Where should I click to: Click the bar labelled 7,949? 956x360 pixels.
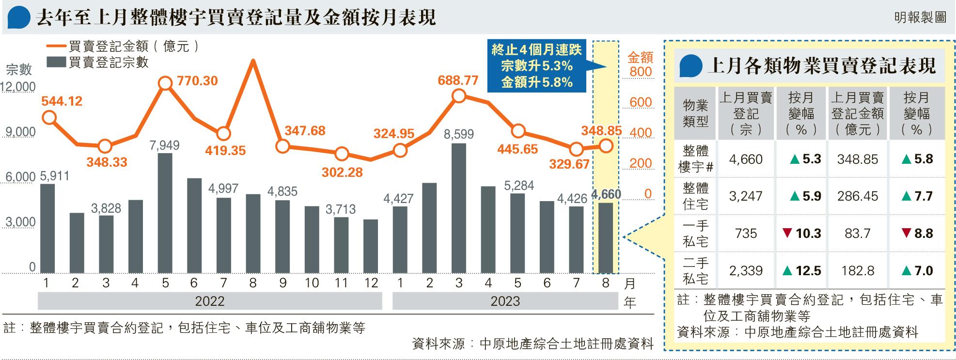[x=165, y=213]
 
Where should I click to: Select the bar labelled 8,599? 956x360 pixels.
[x=458, y=208]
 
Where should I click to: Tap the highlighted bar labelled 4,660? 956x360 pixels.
[x=605, y=238]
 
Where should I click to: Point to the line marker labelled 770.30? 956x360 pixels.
[x=165, y=83]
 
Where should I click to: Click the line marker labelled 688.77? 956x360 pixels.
[x=458, y=96]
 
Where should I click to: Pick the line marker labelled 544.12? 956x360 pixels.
[x=48, y=117]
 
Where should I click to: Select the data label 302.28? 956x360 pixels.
[x=342, y=172]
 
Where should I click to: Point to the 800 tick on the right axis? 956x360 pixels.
[x=641, y=72]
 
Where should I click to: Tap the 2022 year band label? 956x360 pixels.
[x=209, y=301]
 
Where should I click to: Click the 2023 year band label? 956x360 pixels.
[x=505, y=301]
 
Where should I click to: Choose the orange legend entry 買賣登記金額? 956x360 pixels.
[x=124, y=47]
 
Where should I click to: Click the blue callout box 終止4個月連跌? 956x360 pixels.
[x=536, y=66]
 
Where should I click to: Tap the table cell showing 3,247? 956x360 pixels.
[x=745, y=196]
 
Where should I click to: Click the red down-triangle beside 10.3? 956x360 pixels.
[x=787, y=234]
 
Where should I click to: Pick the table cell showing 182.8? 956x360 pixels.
[x=857, y=271]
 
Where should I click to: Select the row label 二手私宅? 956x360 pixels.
[x=695, y=271]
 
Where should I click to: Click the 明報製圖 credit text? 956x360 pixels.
[x=920, y=18]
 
